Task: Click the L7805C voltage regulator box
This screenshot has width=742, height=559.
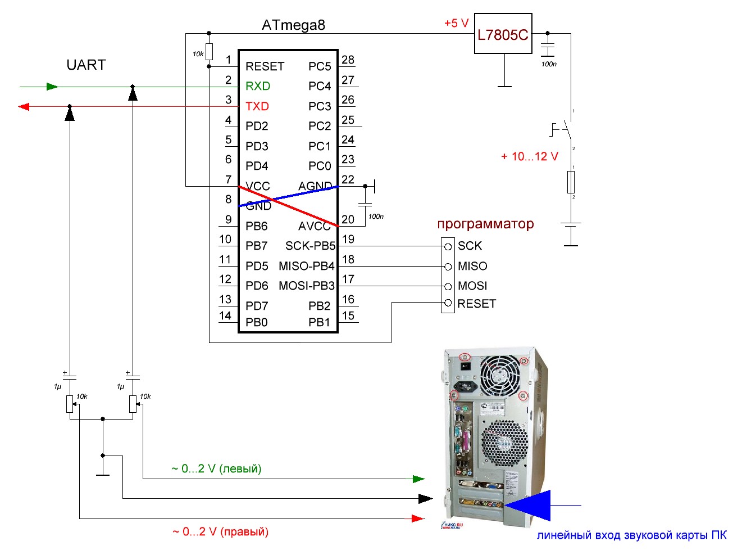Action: point(503,34)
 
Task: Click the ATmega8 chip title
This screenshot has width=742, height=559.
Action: point(293,25)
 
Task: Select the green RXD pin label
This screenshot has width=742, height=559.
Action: point(258,86)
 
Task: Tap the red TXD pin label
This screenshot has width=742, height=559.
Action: point(257,106)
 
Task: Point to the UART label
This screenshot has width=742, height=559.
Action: point(86,65)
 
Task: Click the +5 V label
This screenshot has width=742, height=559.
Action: point(456,23)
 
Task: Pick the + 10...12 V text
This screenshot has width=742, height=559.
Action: point(530,156)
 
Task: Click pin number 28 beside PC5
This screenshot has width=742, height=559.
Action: point(348,60)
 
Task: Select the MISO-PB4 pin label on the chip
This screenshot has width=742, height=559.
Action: point(307,266)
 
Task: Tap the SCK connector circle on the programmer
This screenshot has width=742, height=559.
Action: point(448,246)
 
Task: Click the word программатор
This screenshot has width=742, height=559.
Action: point(485,224)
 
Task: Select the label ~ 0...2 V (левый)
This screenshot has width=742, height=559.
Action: point(216,468)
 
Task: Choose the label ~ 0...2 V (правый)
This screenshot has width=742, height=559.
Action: point(220,531)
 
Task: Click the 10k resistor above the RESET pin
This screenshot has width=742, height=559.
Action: point(209,52)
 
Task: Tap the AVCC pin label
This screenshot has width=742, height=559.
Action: point(314,226)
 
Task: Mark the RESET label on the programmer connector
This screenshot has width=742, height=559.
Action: point(477,304)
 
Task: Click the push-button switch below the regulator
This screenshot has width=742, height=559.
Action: point(565,130)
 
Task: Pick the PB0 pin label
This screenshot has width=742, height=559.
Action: point(256,322)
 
